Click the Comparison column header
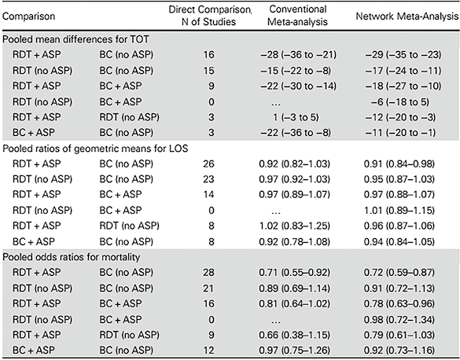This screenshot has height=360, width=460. pos(28,16)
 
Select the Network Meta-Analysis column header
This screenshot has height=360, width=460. pos(407,16)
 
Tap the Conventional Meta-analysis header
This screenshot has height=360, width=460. pos(297,16)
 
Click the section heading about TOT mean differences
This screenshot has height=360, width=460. pos(75,39)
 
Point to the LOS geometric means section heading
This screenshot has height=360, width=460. pos(95,149)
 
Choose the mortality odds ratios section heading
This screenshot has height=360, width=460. pos(72,257)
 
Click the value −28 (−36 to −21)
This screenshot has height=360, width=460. pos(298,55)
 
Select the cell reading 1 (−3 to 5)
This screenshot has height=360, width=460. pos(296,117)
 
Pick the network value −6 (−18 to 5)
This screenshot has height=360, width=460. pos(400,101)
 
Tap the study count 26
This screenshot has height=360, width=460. pos(208,163)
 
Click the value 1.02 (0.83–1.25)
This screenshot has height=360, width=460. pos(294,226)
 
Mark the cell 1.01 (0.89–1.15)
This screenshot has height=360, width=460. pos(399,211)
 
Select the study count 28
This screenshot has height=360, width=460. pos(208,272)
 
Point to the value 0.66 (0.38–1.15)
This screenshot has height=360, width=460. pos(294,335)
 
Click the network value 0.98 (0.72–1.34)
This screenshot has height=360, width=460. pos(399,319)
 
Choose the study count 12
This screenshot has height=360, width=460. pos(208,350)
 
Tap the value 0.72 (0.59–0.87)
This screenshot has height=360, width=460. pos(399,272)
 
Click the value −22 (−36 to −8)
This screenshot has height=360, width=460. pos(296,133)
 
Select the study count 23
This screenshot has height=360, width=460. pos(208,179)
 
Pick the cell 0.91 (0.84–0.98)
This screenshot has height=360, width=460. pos(399,163)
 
